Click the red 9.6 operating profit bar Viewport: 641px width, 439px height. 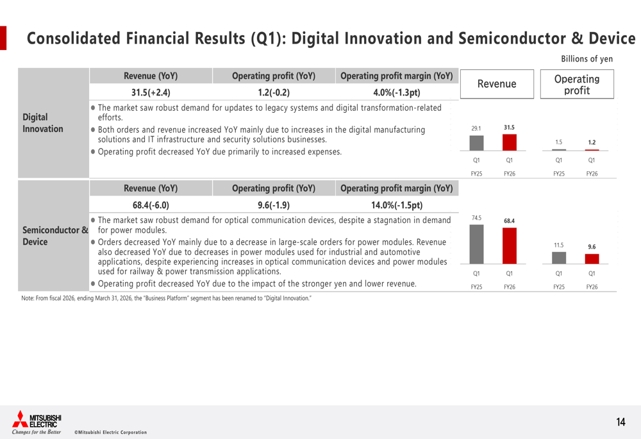point(592,259)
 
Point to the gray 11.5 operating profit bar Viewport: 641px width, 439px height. point(559,258)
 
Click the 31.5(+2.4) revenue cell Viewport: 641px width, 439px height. point(151,92)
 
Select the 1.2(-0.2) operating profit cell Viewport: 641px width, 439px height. point(273,92)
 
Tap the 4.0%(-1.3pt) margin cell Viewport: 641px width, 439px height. point(397,92)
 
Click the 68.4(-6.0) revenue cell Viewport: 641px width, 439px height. point(151,205)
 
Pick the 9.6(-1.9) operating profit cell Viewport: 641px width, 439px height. point(273,205)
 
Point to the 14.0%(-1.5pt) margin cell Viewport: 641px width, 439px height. point(397,205)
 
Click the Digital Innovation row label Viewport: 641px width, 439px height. point(43,123)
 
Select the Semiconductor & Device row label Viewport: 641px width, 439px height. point(55,236)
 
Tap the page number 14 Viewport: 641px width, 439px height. point(620,422)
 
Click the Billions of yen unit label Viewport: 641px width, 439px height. point(587,59)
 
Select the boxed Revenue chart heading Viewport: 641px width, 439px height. point(497,84)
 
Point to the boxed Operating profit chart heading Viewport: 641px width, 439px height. point(577,85)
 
